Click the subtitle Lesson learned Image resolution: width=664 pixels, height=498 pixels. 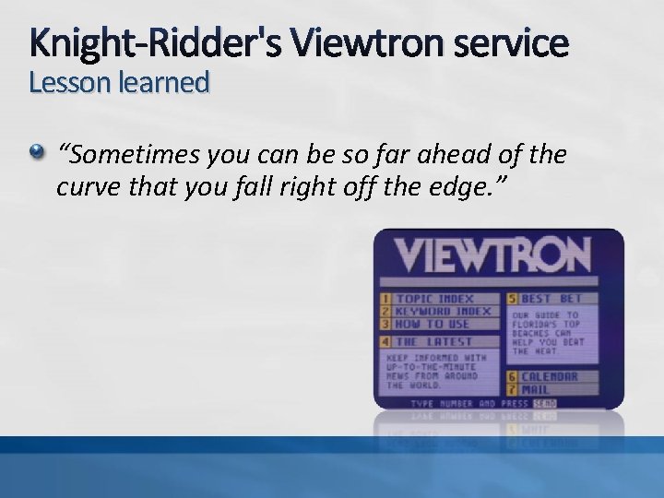[x=119, y=83]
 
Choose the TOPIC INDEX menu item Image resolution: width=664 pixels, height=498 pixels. [x=434, y=299]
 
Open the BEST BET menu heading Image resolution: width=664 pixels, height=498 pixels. [x=551, y=299]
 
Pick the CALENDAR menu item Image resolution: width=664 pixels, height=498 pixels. [x=550, y=376]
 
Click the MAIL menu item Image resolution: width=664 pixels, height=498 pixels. [x=536, y=389]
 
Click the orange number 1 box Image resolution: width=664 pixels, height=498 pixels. [x=385, y=299]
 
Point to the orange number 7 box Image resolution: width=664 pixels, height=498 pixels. [x=511, y=389]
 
